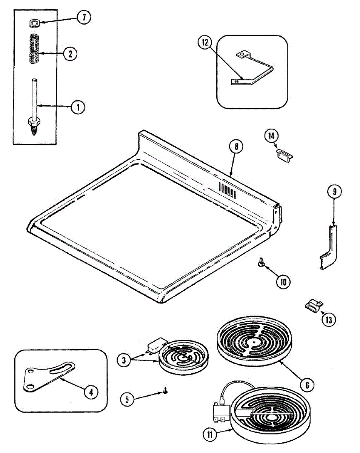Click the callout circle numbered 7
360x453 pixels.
[84, 18]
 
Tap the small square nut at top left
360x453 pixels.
[34, 24]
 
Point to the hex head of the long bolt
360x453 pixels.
[34, 122]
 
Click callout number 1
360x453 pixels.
[78, 107]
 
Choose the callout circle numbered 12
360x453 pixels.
[205, 43]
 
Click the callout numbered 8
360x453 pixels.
[236, 147]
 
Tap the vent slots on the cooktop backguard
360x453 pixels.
[227, 190]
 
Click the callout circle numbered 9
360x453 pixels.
[334, 192]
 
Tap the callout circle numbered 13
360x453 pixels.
[328, 320]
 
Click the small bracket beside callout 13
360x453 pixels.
[313, 305]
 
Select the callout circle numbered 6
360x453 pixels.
[307, 385]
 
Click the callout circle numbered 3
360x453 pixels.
[124, 361]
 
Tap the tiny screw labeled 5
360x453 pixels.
[165, 393]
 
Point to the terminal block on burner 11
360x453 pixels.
[221, 412]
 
